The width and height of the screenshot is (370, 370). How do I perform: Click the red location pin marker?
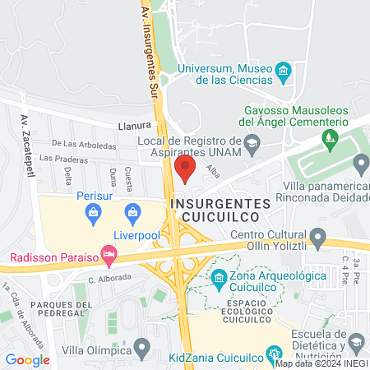pyautogui.click(x=185, y=169)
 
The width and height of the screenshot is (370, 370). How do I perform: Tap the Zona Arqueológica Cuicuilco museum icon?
pyautogui.click(x=220, y=278)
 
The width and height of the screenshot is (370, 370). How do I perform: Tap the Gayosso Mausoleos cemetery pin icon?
pyautogui.click(x=331, y=137)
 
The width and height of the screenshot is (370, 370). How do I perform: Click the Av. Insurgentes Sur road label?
pyautogui.click(x=149, y=49)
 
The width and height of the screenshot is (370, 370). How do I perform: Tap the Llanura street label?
pyautogui.click(x=135, y=126)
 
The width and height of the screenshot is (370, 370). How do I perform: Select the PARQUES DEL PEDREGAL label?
pyautogui.click(x=57, y=308)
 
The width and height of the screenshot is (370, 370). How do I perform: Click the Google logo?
pyautogui.click(x=27, y=359)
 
